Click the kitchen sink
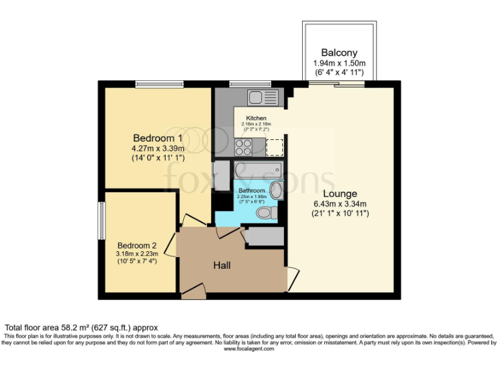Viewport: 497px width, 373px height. (263, 98)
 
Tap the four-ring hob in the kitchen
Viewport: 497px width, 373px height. (243, 148)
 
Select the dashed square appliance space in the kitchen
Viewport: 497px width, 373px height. (275, 147)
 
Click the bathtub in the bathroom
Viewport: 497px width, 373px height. (258, 171)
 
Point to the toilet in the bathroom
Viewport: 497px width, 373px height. (267, 212)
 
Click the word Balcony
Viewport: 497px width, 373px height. (339, 52)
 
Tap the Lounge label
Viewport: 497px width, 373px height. (340, 194)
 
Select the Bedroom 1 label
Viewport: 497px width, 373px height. (157, 138)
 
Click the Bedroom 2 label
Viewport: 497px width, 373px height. (137, 245)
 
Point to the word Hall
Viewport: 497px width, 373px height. (222, 265)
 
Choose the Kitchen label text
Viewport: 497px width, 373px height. (256, 119)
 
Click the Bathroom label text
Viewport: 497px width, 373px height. (252, 191)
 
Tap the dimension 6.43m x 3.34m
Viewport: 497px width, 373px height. (340, 203)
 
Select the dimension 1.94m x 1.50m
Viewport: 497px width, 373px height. (339, 63)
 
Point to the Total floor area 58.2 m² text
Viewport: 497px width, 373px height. (82, 328)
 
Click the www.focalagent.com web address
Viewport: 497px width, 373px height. (248, 348)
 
